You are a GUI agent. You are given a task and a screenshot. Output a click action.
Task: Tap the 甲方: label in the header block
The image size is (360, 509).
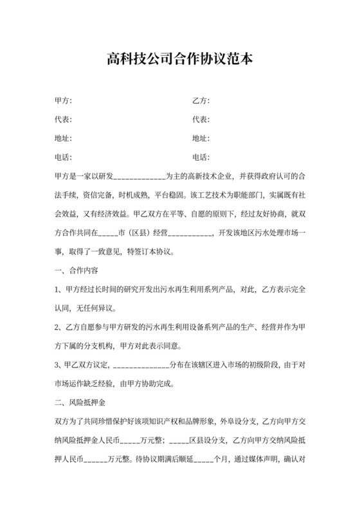63,101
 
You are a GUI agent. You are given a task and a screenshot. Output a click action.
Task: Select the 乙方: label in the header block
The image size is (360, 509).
201,101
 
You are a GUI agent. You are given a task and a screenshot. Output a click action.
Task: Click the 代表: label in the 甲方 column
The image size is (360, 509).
63,120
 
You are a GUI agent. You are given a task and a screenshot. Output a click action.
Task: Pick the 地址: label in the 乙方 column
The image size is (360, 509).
201,138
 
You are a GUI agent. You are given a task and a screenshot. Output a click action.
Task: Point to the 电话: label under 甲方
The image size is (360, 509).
63,157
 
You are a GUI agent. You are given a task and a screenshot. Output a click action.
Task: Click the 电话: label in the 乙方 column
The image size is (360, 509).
201,157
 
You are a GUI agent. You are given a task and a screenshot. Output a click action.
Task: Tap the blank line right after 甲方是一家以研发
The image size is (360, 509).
139,176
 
